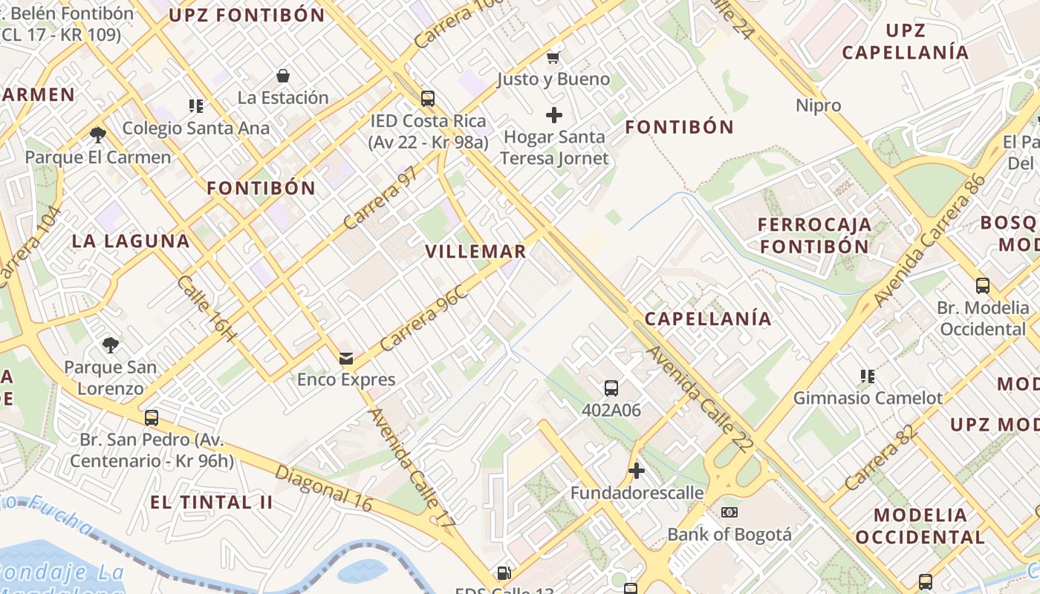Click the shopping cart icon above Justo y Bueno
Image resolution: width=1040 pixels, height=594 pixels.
[553, 56]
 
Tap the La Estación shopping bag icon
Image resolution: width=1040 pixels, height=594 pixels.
[283, 76]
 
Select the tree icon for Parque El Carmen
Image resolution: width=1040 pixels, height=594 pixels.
[97, 135]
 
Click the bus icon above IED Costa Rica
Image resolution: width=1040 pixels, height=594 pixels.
[428, 99]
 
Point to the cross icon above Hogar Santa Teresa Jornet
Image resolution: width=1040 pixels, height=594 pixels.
[553, 115]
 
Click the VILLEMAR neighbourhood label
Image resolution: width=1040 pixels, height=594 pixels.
[475, 251]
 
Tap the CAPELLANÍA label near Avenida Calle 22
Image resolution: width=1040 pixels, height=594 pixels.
[708, 319]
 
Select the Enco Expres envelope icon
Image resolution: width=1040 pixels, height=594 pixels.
[346, 359]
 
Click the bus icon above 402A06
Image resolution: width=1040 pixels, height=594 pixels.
[611, 388]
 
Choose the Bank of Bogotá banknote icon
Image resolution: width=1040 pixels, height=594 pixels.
[729, 512]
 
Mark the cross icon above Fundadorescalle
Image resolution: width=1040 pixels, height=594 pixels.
[637, 471]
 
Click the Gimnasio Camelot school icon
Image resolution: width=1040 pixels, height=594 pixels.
[867, 376]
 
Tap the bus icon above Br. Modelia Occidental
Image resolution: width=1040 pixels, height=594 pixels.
[983, 286]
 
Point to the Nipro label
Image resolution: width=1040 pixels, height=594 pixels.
[819, 105]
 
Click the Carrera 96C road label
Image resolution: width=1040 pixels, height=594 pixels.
[423, 317]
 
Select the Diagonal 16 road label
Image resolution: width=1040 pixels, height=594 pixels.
[323, 488]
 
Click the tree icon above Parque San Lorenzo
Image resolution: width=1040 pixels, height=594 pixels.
[111, 345]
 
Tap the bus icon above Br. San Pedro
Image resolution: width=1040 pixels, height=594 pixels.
[152, 418]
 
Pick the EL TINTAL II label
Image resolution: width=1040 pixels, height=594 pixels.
[212, 502]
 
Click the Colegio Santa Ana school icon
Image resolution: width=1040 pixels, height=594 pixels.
[196, 106]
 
